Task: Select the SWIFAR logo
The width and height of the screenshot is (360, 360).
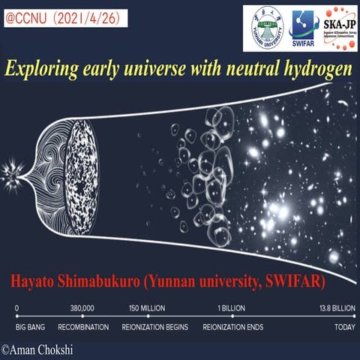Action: point(304,28)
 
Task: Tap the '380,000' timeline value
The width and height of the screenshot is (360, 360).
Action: point(81,308)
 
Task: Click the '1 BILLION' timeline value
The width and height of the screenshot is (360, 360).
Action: point(232,308)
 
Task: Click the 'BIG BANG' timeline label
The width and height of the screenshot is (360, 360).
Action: point(31,327)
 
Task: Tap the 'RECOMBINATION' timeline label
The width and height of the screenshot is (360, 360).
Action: point(83,327)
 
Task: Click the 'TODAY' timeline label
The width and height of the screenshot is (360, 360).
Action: point(343,327)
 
